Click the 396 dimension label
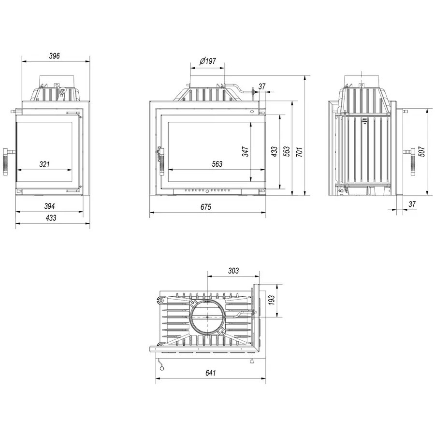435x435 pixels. [x=54, y=56]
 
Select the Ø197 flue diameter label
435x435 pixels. [x=207, y=61]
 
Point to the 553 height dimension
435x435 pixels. [x=287, y=151]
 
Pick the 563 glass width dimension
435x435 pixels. [x=217, y=164]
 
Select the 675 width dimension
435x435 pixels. [x=206, y=207]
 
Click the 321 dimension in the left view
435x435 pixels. [x=44, y=164]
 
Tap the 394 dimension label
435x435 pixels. [x=50, y=206]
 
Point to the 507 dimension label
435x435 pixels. [x=421, y=151]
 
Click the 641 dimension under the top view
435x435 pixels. [x=211, y=373]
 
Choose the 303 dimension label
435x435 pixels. [x=233, y=271]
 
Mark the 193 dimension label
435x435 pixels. [x=271, y=300]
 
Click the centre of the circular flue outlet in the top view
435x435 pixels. [x=207, y=317]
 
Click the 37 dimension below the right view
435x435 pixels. [x=412, y=204]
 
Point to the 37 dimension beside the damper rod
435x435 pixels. [x=262, y=87]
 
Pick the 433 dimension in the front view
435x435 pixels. [x=274, y=151]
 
